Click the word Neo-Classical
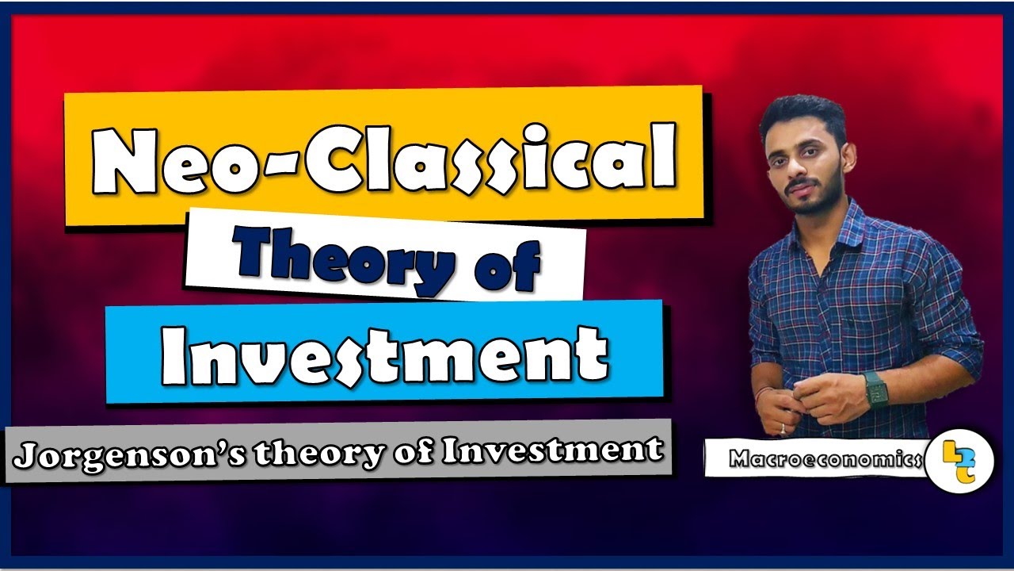click(384, 158)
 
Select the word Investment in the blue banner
click(385, 353)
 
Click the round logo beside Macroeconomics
click(959, 458)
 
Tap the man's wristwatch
click(875, 389)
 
